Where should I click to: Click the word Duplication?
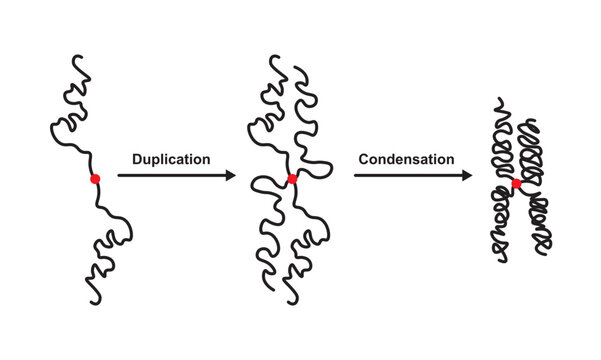click(x=171, y=158)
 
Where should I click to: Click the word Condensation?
click(x=406, y=158)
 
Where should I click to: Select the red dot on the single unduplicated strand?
click(x=95, y=179)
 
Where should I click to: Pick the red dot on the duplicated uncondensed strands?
click(x=292, y=180)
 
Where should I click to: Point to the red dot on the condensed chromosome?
click(x=517, y=184)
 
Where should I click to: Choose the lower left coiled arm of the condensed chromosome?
click(x=502, y=230)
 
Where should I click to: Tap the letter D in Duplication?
click(x=137, y=158)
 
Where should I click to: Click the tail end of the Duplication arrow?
click(x=119, y=176)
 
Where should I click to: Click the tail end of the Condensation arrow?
click(x=355, y=176)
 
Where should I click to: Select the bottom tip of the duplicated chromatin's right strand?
click(x=294, y=301)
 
